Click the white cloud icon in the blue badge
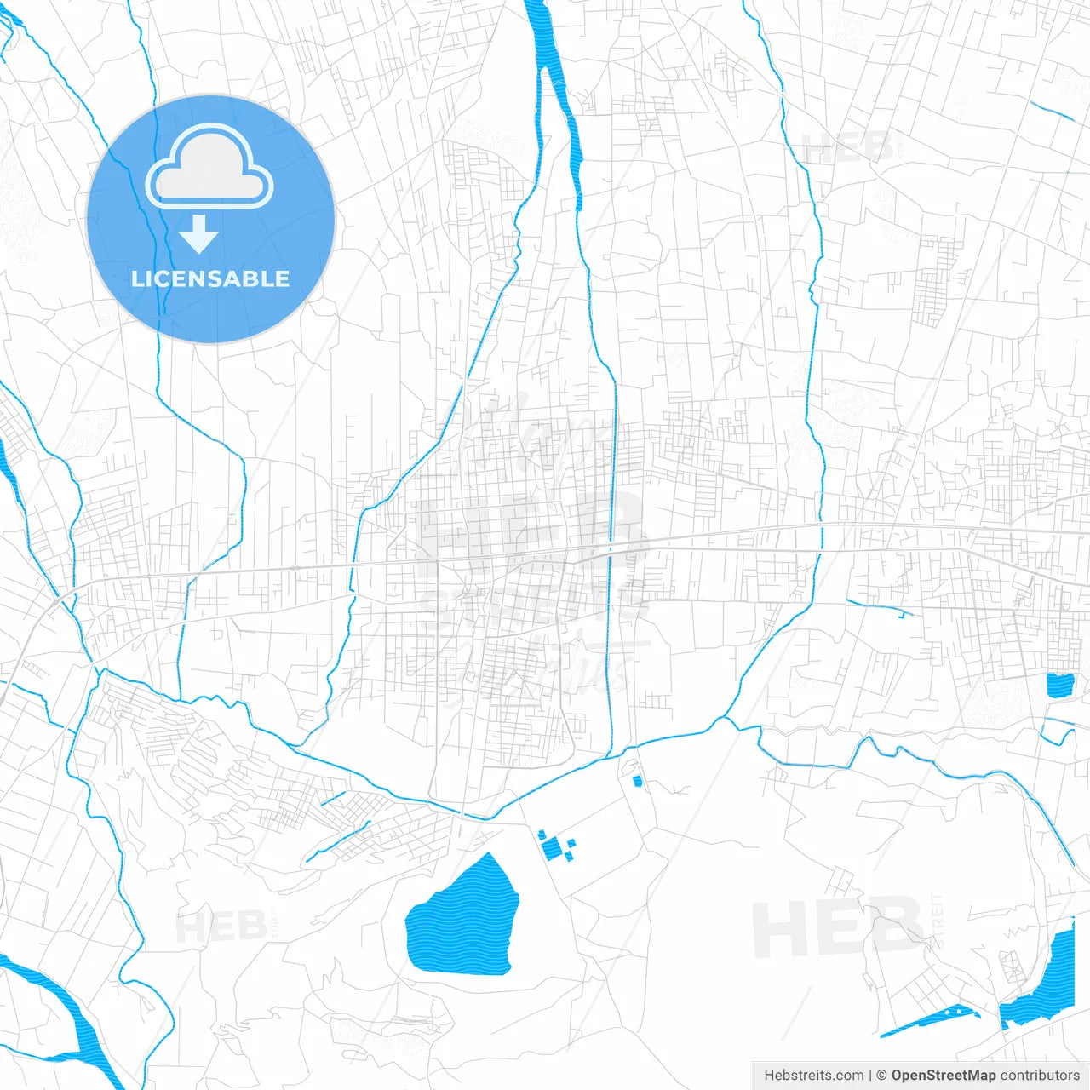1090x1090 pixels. [209, 166]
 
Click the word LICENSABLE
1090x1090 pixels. [210, 278]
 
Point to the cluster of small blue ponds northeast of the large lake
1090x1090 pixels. [555, 846]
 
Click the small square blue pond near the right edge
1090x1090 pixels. [1059, 686]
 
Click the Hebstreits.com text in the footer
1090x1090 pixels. [813, 1076]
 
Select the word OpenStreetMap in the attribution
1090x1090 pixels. [943, 1076]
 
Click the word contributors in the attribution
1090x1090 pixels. [1039, 1076]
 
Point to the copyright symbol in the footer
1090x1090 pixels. [881, 1076]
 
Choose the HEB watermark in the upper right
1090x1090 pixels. [847, 149]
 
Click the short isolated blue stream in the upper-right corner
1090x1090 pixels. [1052, 111]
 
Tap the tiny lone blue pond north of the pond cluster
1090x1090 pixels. [637, 781]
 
